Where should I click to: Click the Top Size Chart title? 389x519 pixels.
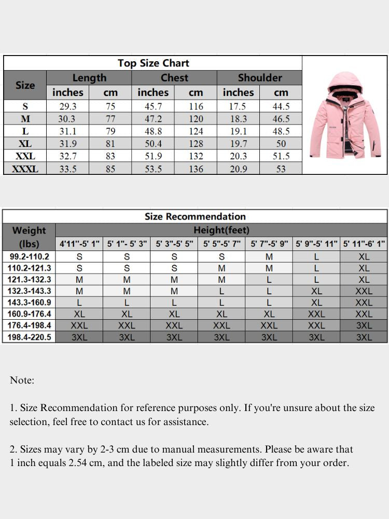pyautogui.click(x=153, y=63)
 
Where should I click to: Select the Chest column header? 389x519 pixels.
pyautogui.click(x=174, y=78)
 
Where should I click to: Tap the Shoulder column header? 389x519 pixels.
pyautogui.click(x=259, y=78)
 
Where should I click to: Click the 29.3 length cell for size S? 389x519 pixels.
pyautogui.click(x=68, y=106)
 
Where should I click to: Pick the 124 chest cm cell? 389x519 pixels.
pyautogui.click(x=196, y=131)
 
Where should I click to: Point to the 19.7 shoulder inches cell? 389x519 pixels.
pyautogui.click(x=238, y=144)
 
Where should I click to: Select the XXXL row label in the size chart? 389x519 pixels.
pyautogui.click(x=25, y=169)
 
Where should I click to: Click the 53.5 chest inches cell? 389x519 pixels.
pyautogui.click(x=153, y=169)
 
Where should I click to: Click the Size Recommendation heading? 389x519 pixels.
pyautogui.click(x=195, y=216)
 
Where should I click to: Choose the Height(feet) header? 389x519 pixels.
pyautogui.click(x=221, y=230)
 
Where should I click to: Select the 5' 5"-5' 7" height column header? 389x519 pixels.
pyautogui.click(x=221, y=243)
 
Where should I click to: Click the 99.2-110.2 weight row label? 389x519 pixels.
pyautogui.click(x=29, y=256)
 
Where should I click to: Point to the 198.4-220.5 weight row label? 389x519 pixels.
pyautogui.click(x=29, y=337)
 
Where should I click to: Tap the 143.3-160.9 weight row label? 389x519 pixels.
pyautogui.click(x=29, y=303)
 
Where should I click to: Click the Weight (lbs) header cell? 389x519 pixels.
pyautogui.click(x=29, y=237)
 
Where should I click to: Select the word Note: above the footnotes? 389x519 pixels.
pyautogui.click(x=22, y=380)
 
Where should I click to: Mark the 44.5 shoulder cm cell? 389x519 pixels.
pyautogui.click(x=281, y=106)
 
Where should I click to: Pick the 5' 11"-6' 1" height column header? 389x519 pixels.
pyautogui.click(x=364, y=243)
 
